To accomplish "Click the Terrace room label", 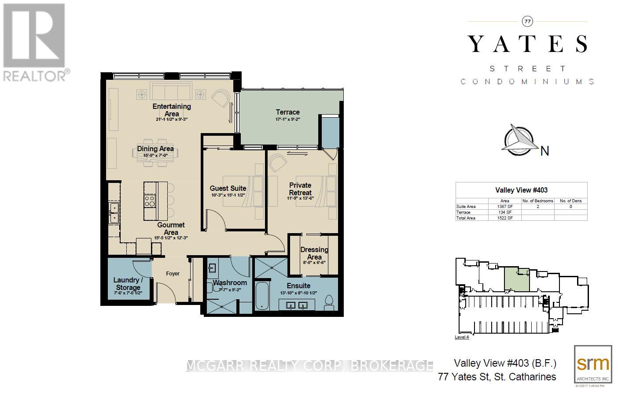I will click(287, 112).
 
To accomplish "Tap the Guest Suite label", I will click(228, 188).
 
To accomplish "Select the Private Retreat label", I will click(300, 189).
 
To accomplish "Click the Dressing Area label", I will click(314, 253).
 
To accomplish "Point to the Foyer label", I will click(173, 274).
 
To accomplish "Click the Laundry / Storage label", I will click(128, 284).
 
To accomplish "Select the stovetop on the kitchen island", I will click(150, 201).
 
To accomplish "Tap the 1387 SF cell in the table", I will click(504, 206).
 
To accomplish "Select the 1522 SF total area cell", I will click(504, 218).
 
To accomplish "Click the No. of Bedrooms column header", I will click(537, 201).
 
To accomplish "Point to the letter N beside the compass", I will click(544, 151).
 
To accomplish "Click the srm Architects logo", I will click(592, 364).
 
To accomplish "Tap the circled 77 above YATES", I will click(527, 21).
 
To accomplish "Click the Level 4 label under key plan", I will click(461, 337).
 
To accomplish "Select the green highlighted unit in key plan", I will click(516, 280).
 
